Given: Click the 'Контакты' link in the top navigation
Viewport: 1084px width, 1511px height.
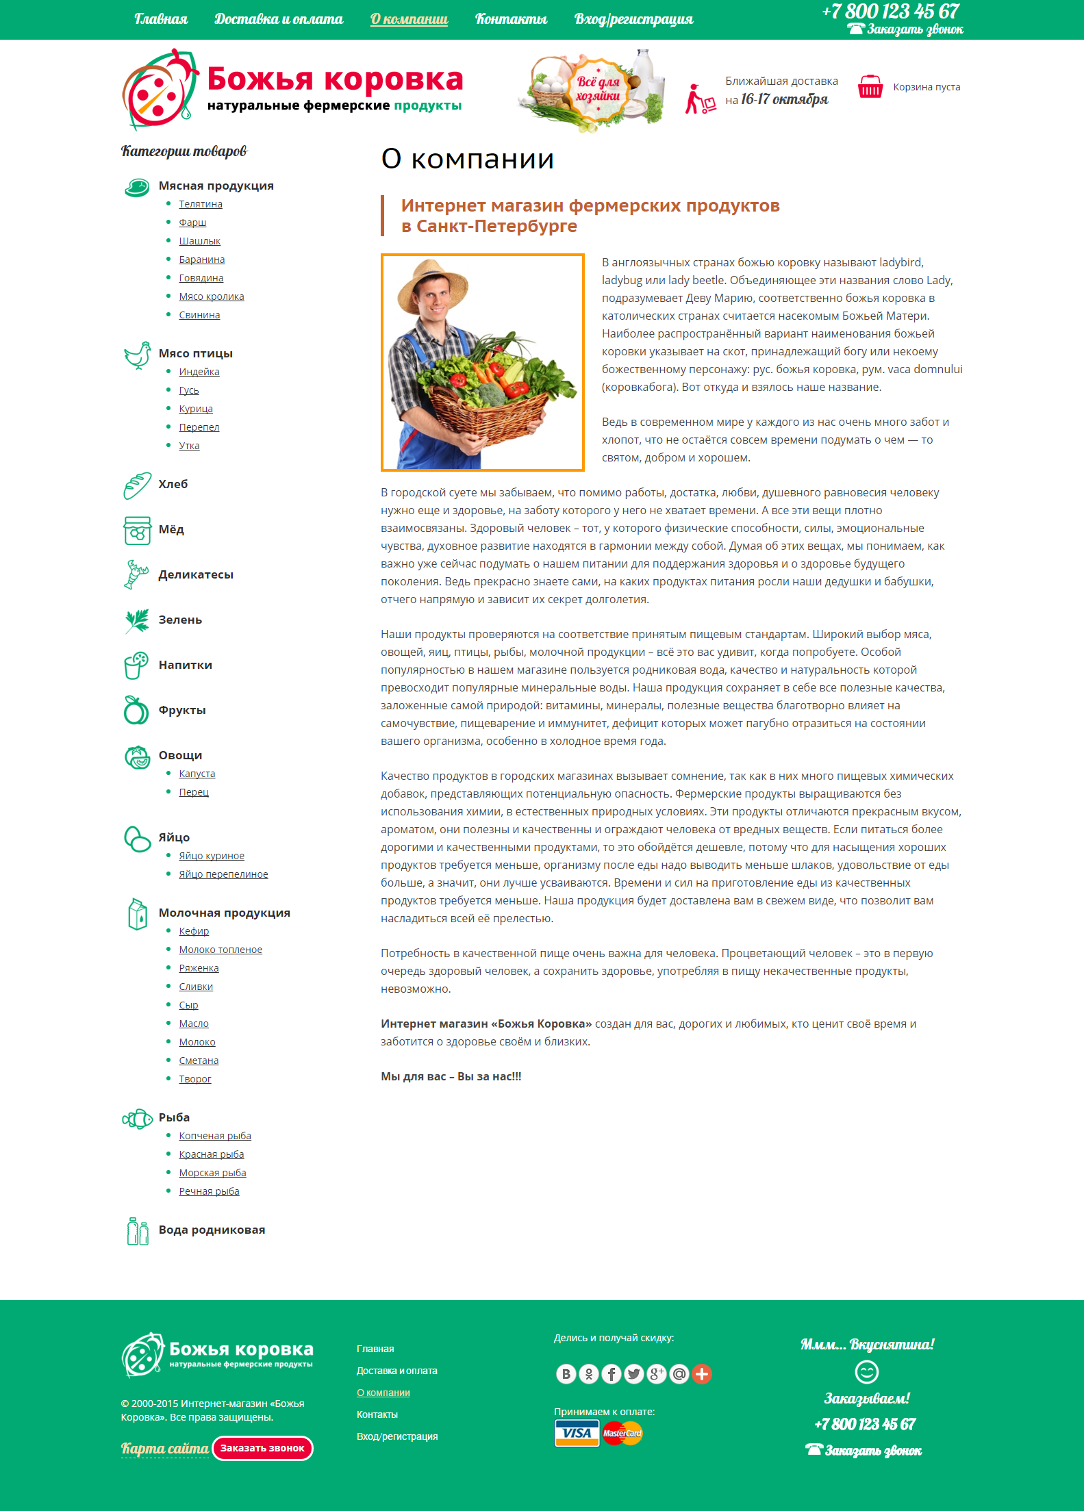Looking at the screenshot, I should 511,19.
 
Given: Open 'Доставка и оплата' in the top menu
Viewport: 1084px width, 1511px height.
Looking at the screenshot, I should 279,19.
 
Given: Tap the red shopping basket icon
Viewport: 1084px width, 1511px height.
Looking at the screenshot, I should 870,87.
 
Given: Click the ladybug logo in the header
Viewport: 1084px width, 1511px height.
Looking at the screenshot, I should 160,90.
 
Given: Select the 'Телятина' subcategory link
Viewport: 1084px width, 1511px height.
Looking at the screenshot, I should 201,204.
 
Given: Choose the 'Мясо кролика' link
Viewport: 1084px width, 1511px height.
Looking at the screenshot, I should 212,296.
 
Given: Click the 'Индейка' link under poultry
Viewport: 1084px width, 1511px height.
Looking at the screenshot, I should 199,372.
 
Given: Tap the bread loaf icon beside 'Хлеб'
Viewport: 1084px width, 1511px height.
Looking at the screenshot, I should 137,485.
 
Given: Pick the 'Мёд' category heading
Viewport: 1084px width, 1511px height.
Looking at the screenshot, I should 171,529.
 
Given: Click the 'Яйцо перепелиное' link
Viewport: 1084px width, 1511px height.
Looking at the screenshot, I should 223,874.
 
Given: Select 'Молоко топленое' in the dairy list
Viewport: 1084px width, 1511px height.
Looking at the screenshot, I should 220,950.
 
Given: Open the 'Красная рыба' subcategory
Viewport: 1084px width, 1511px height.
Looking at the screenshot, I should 212,1154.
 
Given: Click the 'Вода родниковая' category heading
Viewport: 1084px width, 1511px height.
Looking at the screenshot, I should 212,1230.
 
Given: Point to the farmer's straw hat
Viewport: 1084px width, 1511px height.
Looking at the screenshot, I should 431,281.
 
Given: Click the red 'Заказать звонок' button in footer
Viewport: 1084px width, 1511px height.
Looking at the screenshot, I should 262,1448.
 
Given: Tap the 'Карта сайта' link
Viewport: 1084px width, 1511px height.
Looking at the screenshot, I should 164,1449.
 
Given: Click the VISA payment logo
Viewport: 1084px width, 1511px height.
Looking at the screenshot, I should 577,1433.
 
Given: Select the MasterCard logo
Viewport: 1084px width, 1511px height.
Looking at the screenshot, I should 622,1433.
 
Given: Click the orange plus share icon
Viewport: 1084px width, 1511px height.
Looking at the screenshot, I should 702,1373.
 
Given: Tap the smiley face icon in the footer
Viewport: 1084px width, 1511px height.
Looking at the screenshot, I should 866,1371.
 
